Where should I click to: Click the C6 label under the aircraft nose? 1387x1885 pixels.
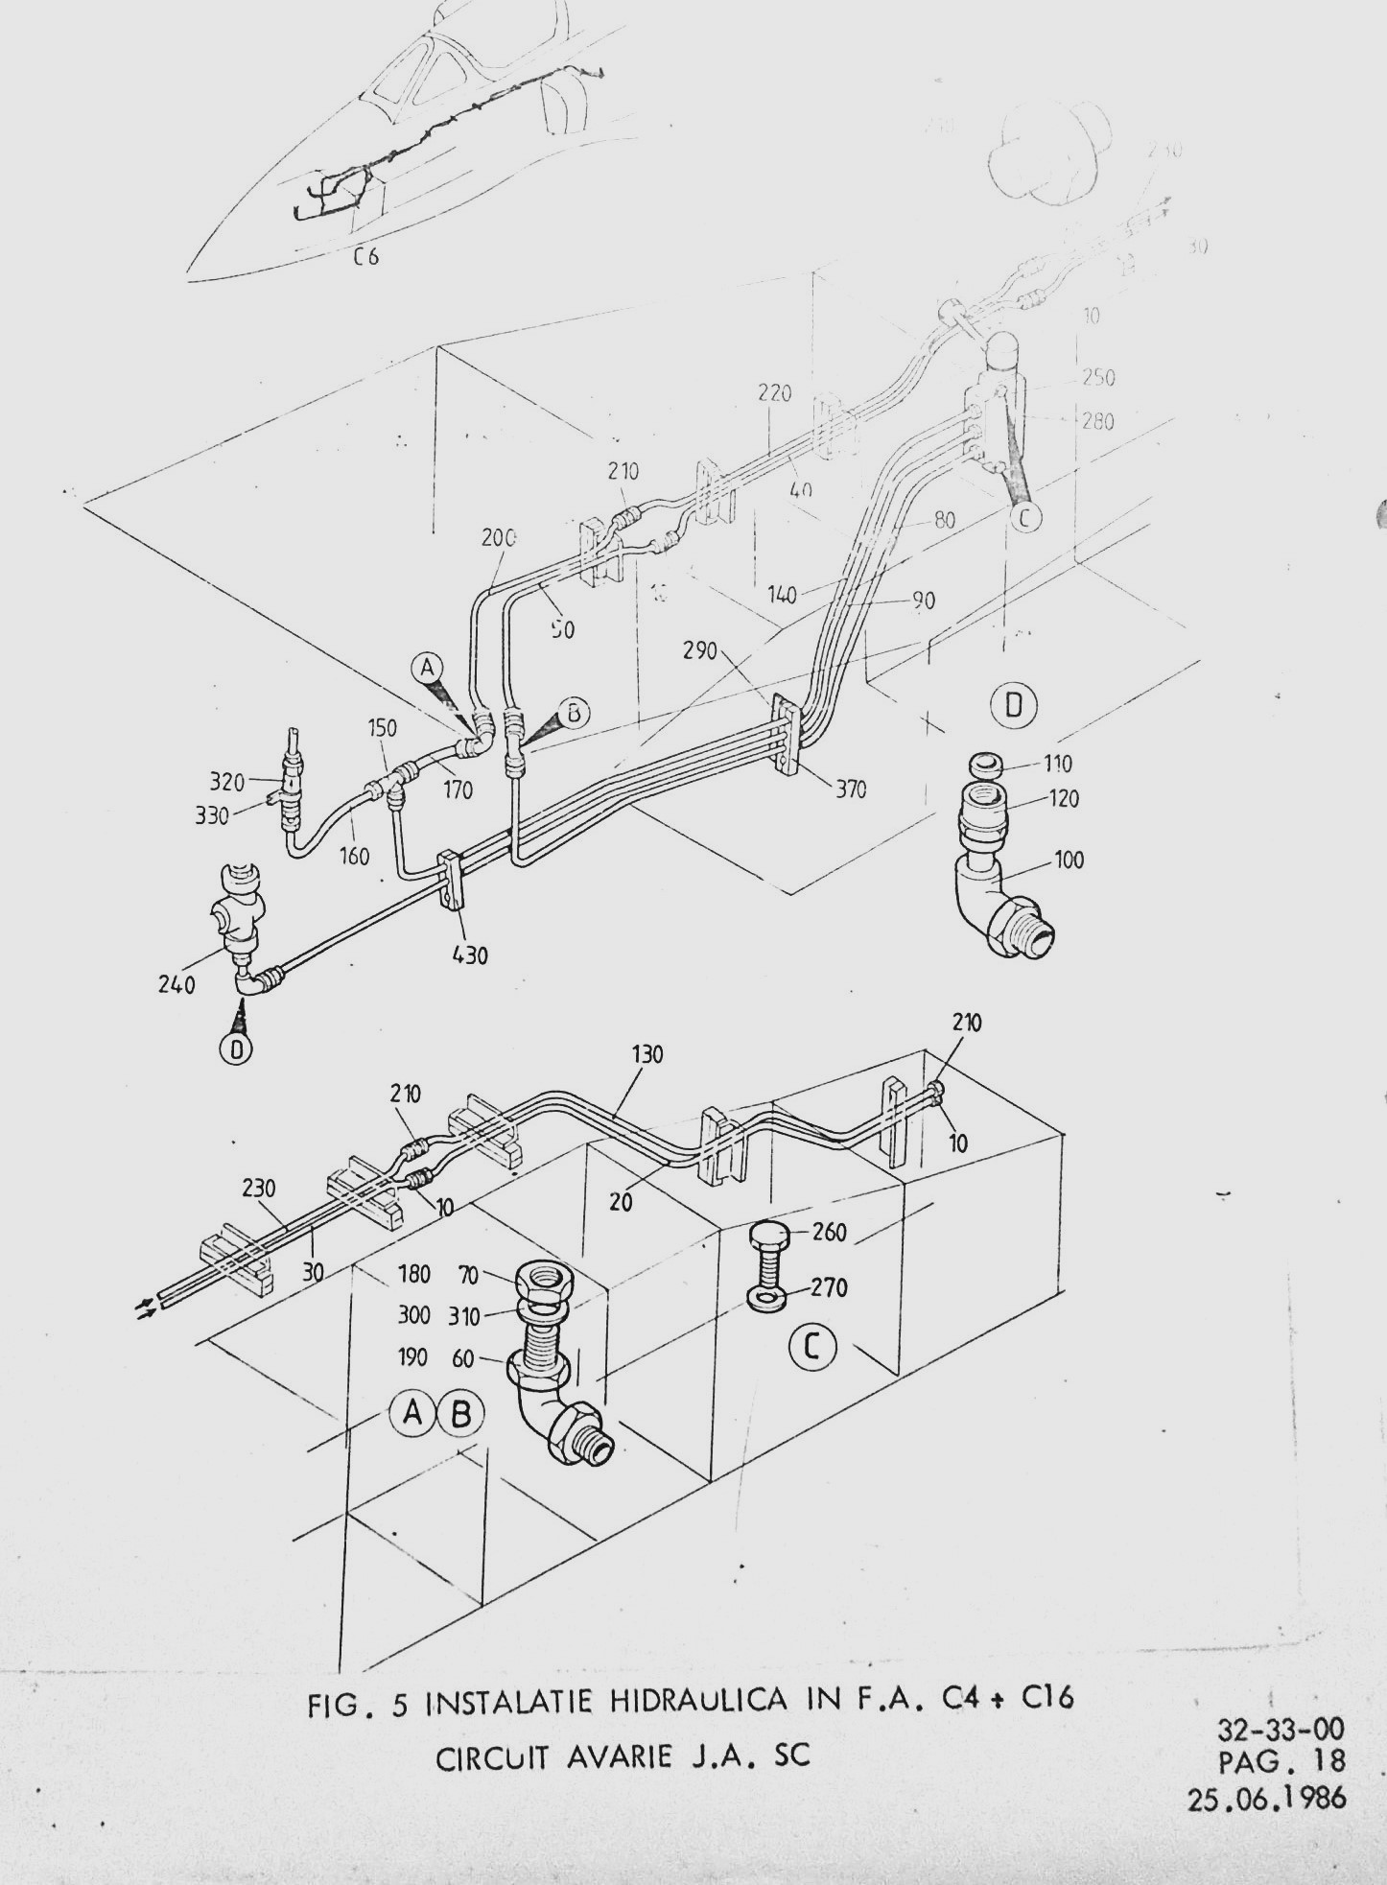point(364,256)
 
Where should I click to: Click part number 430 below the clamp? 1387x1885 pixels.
point(469,954)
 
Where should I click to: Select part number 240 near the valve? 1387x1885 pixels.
point(177,984)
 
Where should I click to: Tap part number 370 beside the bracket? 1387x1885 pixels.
point(850,789)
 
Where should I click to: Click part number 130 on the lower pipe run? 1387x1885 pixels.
point(648,1054)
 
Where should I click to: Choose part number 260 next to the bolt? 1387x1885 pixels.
point(830,1232)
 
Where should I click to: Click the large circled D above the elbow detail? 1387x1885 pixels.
point(1013,706)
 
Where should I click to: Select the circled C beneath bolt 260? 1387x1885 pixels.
point(811,1348)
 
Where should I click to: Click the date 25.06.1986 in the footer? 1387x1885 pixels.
point(1266,1798)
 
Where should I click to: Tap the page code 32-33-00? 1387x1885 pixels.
point(1280,1729)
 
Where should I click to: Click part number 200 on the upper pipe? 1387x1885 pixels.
point(498,537)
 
